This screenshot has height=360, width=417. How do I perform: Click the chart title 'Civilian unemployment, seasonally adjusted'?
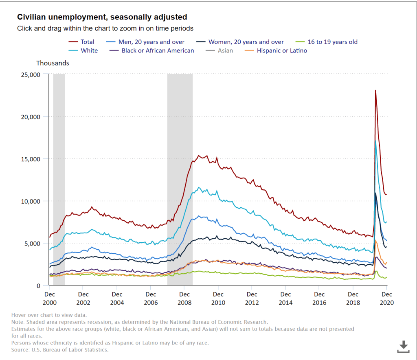pyautogui.click(x=102, y=17)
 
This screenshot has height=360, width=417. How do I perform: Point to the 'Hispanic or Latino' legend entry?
pyautogui.click(x=281, y=50)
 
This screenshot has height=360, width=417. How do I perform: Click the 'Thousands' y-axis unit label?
pyautogui.click(x=53, y=63)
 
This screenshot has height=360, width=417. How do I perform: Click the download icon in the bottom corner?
pyautogui.click(x=403, y=347)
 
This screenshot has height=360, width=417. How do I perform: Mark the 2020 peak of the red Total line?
pyautogui.click(x=375, y=90)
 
